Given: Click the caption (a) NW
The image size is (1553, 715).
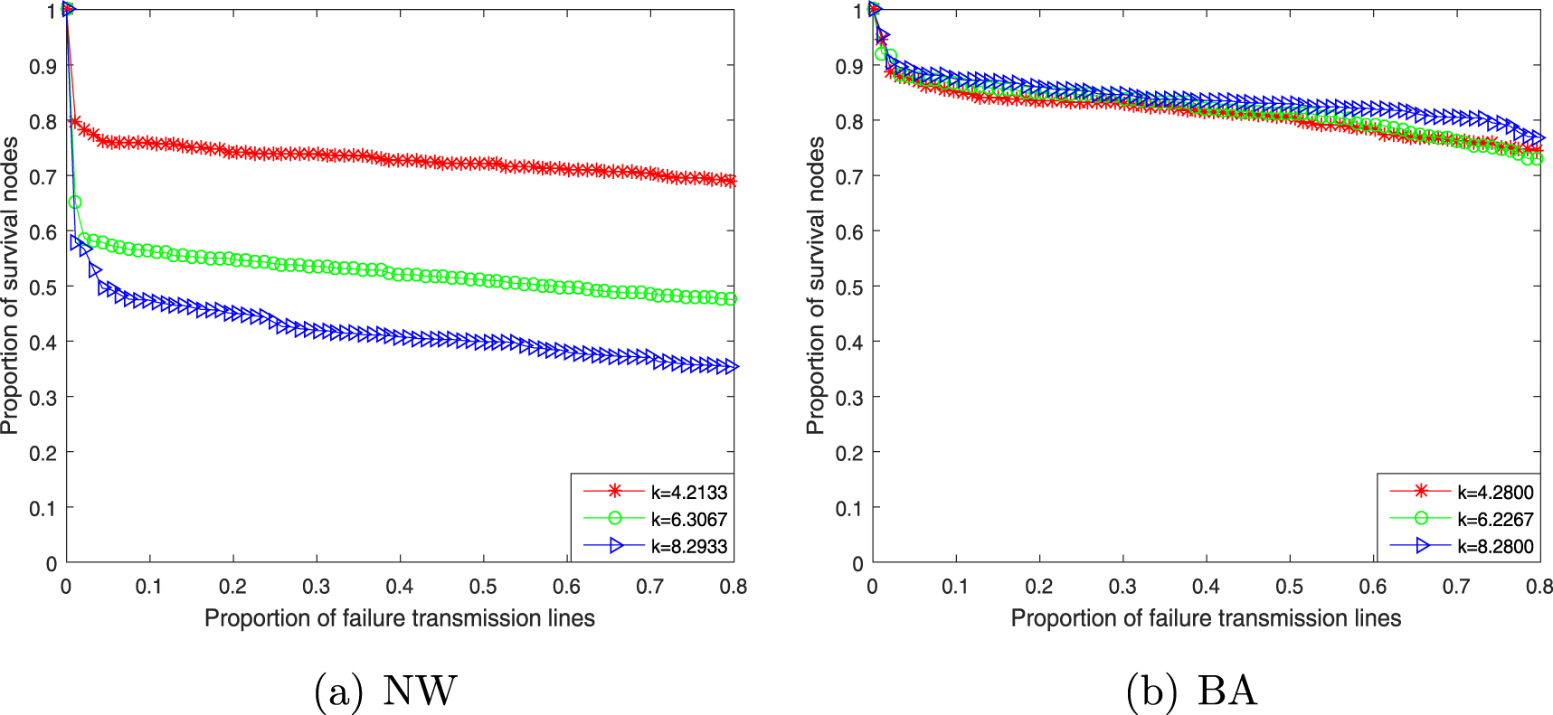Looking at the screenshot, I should click(385, 691).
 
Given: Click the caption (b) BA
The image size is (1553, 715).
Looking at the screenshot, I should click(1192, 691).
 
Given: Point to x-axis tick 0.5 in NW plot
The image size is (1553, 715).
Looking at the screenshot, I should click(483, 587).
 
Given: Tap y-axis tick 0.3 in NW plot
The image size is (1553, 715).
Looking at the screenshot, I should click(43, 398).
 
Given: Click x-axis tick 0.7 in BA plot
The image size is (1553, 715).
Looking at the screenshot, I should click(1456, 587).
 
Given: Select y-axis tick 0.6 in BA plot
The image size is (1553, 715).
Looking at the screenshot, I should click(849, 232).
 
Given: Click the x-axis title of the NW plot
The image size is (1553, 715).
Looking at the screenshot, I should click(399, 618).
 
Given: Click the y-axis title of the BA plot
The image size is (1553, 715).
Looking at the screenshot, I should click(815, 286).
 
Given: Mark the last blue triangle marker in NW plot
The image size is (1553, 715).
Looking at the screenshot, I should click(731, 366).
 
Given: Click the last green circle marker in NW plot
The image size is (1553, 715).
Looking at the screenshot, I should click(731, 298).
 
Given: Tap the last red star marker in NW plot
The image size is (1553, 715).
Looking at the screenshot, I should click(731, 181).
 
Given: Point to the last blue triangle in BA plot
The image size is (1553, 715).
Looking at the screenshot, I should click(1538, 138).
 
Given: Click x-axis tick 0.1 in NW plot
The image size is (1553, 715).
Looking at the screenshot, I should click(149, 587).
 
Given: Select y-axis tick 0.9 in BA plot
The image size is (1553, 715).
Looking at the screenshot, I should click(849, 66).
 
